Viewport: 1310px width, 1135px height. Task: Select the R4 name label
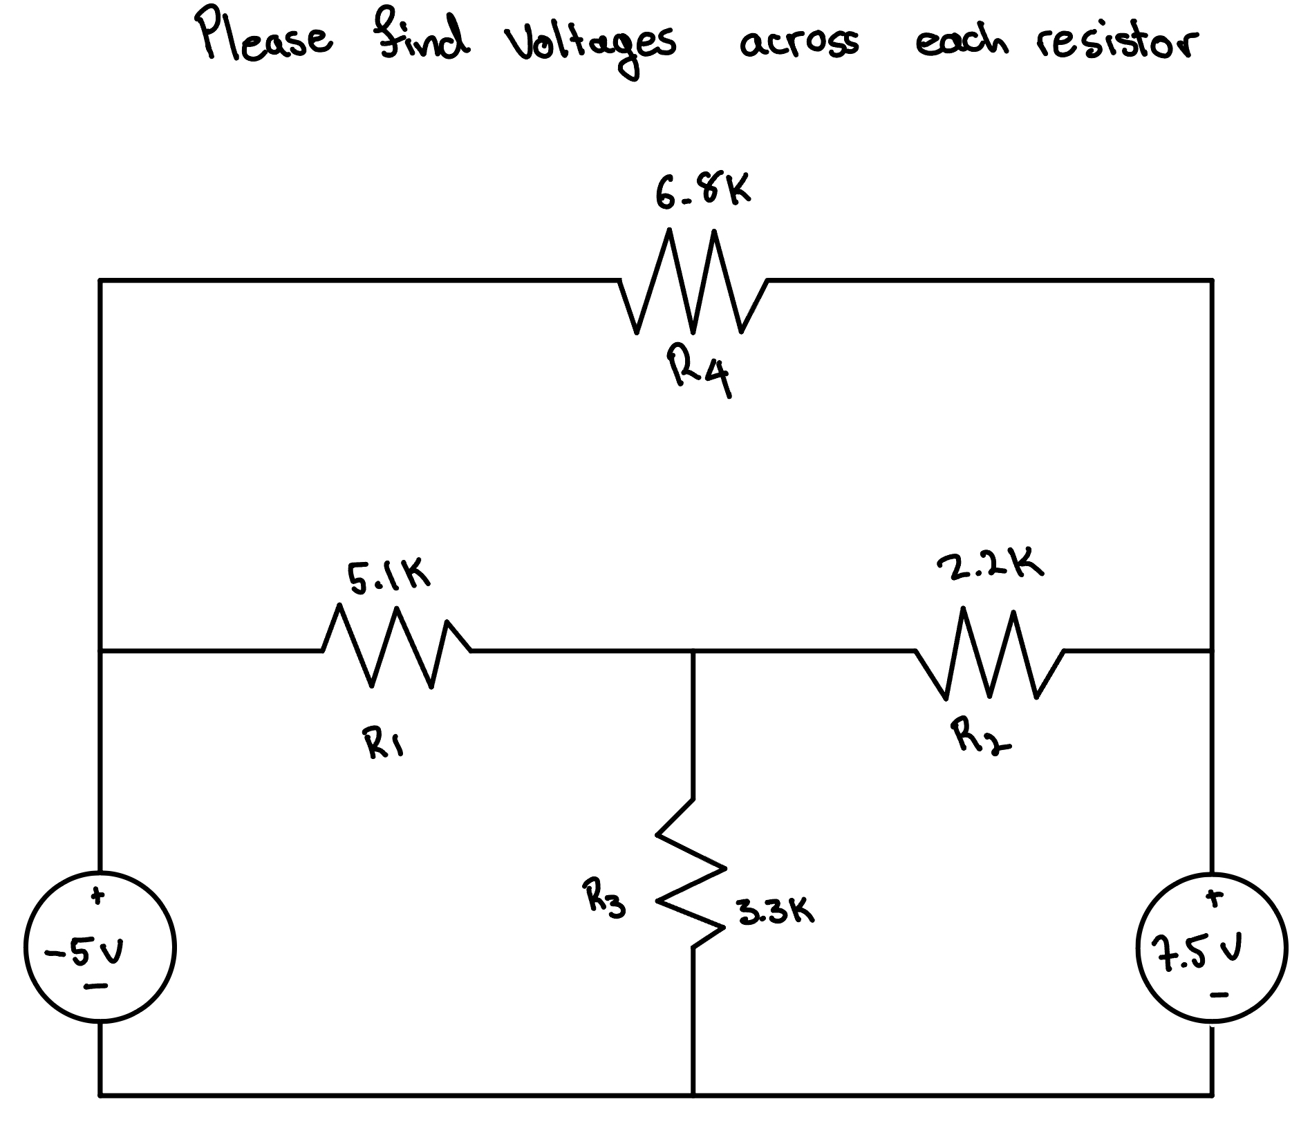click(x=700, y=373)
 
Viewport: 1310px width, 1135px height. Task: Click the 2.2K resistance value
click(x=990, y=565)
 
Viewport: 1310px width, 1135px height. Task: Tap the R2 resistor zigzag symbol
click(x=989, y=653)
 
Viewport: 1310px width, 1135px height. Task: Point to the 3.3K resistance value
click(x=775, y=912)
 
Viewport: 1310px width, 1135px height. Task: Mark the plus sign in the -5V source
click(x=99, y=897)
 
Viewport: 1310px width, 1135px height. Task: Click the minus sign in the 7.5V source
click(x=1220, y=995)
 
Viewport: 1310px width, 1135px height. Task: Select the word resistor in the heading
click(x=1117, y=43)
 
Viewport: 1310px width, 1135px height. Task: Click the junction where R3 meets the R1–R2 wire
click(x=693, y=650)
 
